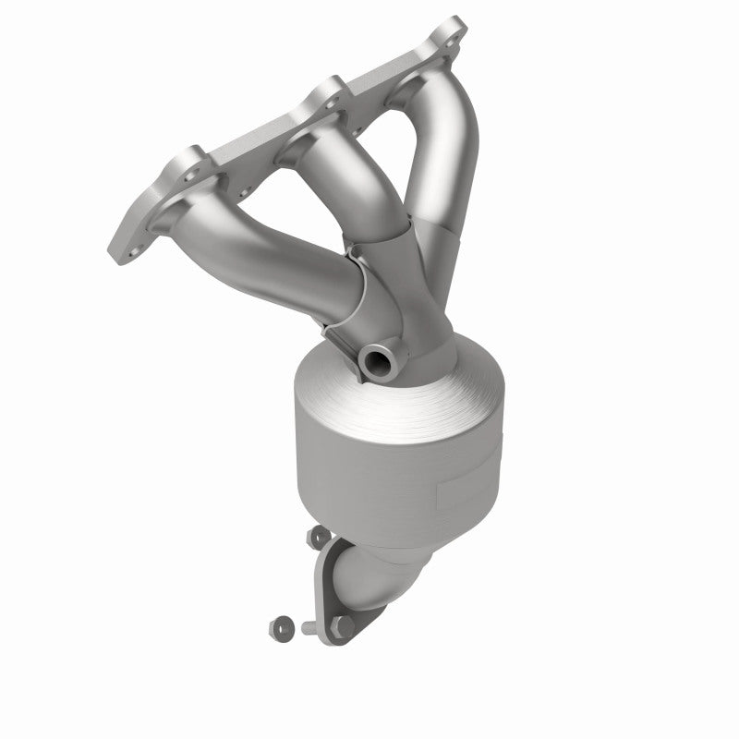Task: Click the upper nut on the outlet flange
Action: (319, 534)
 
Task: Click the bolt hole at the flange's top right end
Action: (451, 40)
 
